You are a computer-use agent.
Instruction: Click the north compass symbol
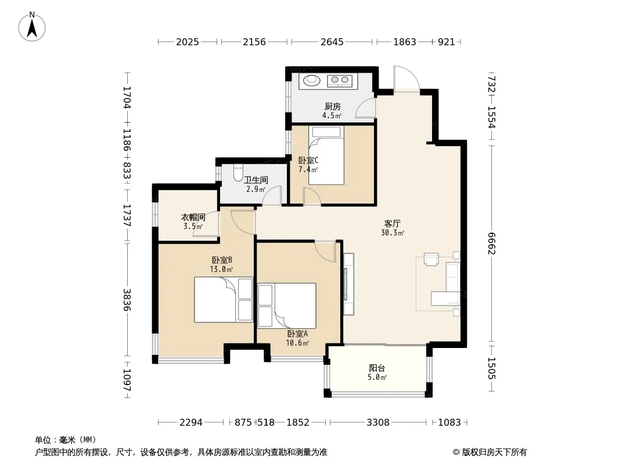pos(32,27)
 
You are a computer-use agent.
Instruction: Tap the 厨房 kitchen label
pos(332,107)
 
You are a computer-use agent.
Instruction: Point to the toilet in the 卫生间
pos(238,173)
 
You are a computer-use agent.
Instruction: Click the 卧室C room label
pos(308,161)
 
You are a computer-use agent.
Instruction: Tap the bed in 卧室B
pos(224,300)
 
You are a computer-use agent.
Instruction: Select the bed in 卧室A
pos(287,306)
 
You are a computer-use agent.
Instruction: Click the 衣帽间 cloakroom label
pos(193,217)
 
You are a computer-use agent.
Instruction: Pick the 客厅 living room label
pos(393,223)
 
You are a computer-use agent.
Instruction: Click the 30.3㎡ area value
pos(393,233)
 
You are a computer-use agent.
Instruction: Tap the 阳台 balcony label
pos(377,368)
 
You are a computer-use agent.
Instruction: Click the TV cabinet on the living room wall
pos(348,284)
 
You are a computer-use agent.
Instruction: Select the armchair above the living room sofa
pos(431,259)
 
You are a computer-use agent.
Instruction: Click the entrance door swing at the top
pos(406,79)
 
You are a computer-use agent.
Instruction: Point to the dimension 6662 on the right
pos(491,244)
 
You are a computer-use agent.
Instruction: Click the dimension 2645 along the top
pos(332,41)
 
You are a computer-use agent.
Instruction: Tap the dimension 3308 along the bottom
pos(378,422)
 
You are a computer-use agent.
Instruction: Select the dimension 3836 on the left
pos(127,300)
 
